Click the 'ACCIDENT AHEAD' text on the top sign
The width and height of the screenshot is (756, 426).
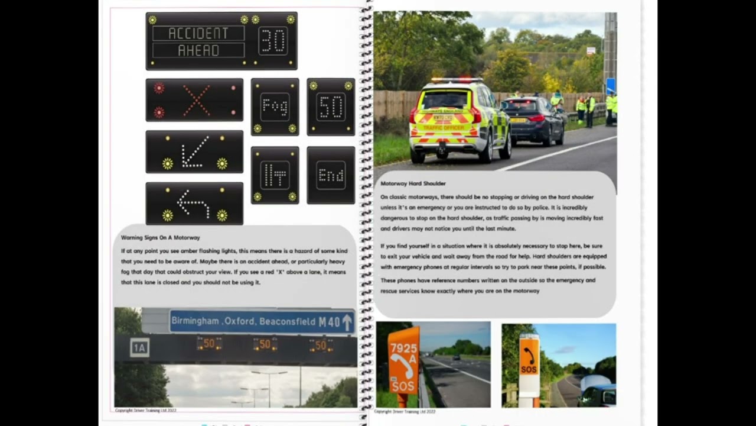pyautogui.click(x=198, y=41)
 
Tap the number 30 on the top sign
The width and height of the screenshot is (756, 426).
pyautogui.click(x=273, y=41)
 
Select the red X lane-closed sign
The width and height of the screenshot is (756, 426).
pyautogui.click(x=194, y=100)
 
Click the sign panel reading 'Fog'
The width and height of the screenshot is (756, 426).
pyautogui.click(x=275, y=107)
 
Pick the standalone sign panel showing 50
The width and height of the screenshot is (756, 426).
pyautogui.click(x=331, y=107)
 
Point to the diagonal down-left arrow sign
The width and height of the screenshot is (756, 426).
pyautogui.click(x=194, y=152)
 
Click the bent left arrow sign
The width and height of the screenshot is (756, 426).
pyautogui.click(x=194, y=204)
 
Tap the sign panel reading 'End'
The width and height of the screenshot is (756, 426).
pyautogui.click(x=331, y=176)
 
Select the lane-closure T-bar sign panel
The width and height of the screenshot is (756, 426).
pyautogui.click(x=275, y=176)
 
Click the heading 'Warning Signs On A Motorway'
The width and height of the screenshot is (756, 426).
pyautogui.click(x=160, y=238)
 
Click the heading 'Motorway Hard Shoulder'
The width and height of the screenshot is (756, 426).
pyautogui.click(x=413, y=183)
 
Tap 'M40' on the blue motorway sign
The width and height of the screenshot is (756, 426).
pyautogui.click(x=329, y=322)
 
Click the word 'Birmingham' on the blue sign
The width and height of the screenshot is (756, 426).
pyautogui.click(x=195, y=321)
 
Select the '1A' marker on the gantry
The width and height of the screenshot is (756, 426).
pyautogui.click(x=139, y=348)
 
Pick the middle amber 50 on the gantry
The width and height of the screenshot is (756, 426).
pyautogui.click(x=265, y=344)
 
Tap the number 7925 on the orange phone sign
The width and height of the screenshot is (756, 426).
pyautogui.click(x=403, y=348)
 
